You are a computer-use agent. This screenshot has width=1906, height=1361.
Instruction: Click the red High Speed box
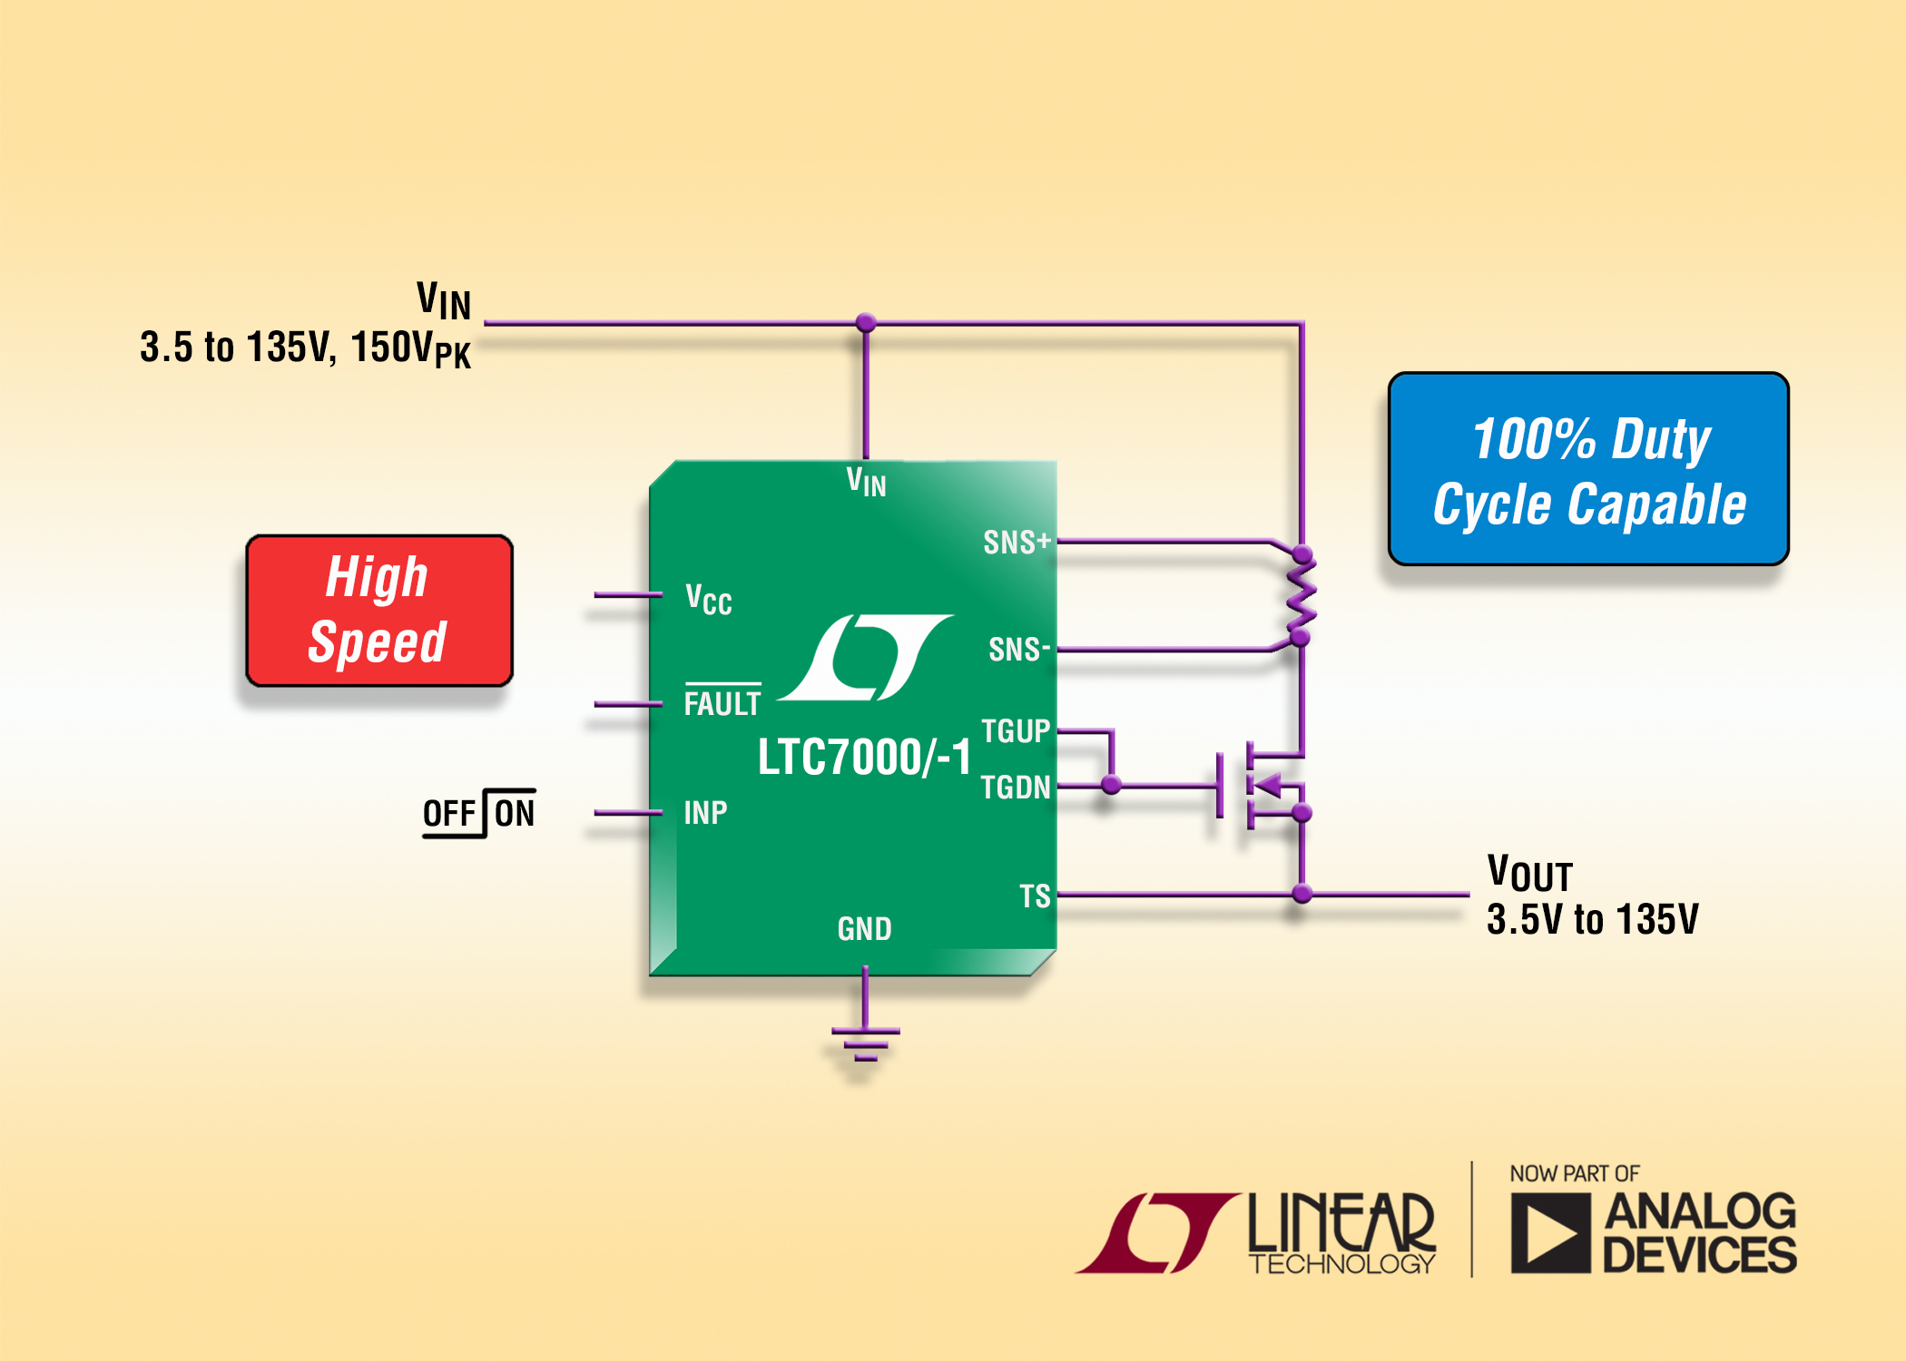click(x=379, y=610)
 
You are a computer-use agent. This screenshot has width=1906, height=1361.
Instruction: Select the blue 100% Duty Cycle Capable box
click(x=1587, y=469)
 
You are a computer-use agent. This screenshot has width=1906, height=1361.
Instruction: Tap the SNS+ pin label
click(x=1017, y=543)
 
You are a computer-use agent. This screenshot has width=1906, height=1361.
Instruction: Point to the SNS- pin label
click(x=1018, y=650)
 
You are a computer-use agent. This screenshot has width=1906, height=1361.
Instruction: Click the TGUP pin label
click(x=1016, y=731)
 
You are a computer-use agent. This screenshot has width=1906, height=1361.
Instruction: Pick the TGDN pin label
click(x=1016, y=788)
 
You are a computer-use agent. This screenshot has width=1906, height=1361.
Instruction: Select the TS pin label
click(x=1035, y=896)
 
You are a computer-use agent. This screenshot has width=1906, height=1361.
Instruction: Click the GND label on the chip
click(x=864, y=929)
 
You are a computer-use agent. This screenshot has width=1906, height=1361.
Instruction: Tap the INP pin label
click(x=705, y=813)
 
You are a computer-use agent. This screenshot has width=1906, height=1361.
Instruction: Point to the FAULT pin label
click(x=722, y=703)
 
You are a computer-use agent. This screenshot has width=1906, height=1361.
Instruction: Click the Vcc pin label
click(x=709, y=600)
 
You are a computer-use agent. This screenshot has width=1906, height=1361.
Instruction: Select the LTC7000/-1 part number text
click(x=864, y=757)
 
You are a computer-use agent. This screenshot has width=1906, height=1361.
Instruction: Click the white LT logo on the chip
click(x=865, y=658)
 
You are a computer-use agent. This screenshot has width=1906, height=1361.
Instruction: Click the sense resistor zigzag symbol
click(x=1302, y=596)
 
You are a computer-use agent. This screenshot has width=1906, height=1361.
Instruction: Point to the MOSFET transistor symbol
click(x=1257, y=786)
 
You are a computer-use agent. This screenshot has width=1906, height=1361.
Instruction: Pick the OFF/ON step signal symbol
click(x=479, y=813)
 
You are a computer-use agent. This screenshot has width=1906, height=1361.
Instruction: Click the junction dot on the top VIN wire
click(x=866, y=323)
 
